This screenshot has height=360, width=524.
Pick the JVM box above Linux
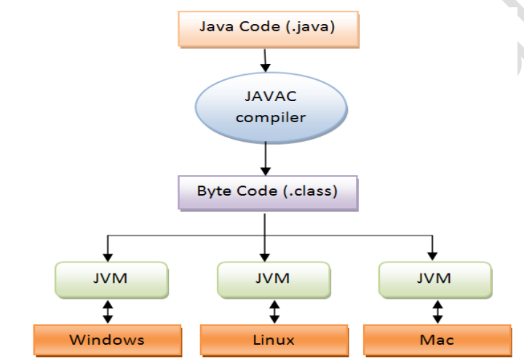(x=273, y=279)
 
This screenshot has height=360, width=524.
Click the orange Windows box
(x=106, y=340)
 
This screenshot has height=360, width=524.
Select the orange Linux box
(x=274, y=340)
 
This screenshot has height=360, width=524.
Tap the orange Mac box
(x=437, y=340)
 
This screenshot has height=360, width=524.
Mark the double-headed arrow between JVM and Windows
(x=108, y=311)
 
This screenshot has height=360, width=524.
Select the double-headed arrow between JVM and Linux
(x=274, y=311)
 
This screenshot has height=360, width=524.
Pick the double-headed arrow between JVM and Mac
(x=437, y=311)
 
